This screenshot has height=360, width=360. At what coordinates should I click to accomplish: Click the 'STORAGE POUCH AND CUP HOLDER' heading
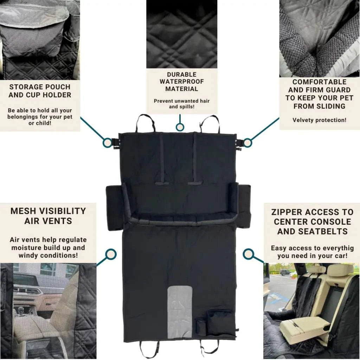[x=40, y=91]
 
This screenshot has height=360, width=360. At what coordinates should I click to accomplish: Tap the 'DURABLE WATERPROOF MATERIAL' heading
[x=182, y=82]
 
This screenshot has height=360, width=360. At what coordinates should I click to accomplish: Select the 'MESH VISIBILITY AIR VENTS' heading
[x=48, y=216]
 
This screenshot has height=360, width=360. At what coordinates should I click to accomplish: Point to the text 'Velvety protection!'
[x=319, y=120]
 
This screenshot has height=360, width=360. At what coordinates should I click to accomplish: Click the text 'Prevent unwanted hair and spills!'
[x=182, y=104]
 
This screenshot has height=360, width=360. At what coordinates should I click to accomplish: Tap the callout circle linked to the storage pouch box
[x=107, y=143]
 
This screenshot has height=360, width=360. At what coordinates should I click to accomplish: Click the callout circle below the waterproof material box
[x=180, y=127]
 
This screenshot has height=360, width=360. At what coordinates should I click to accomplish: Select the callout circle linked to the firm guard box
[x=247, y=143]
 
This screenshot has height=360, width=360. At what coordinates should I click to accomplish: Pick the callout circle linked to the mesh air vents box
[x=111, y=255]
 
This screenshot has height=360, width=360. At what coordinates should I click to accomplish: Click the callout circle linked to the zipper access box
[x=248, y=254]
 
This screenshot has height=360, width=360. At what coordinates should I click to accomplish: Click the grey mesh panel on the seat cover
[x=180, y=310]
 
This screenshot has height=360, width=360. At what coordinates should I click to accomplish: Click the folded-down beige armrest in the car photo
[x=305, y=326]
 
